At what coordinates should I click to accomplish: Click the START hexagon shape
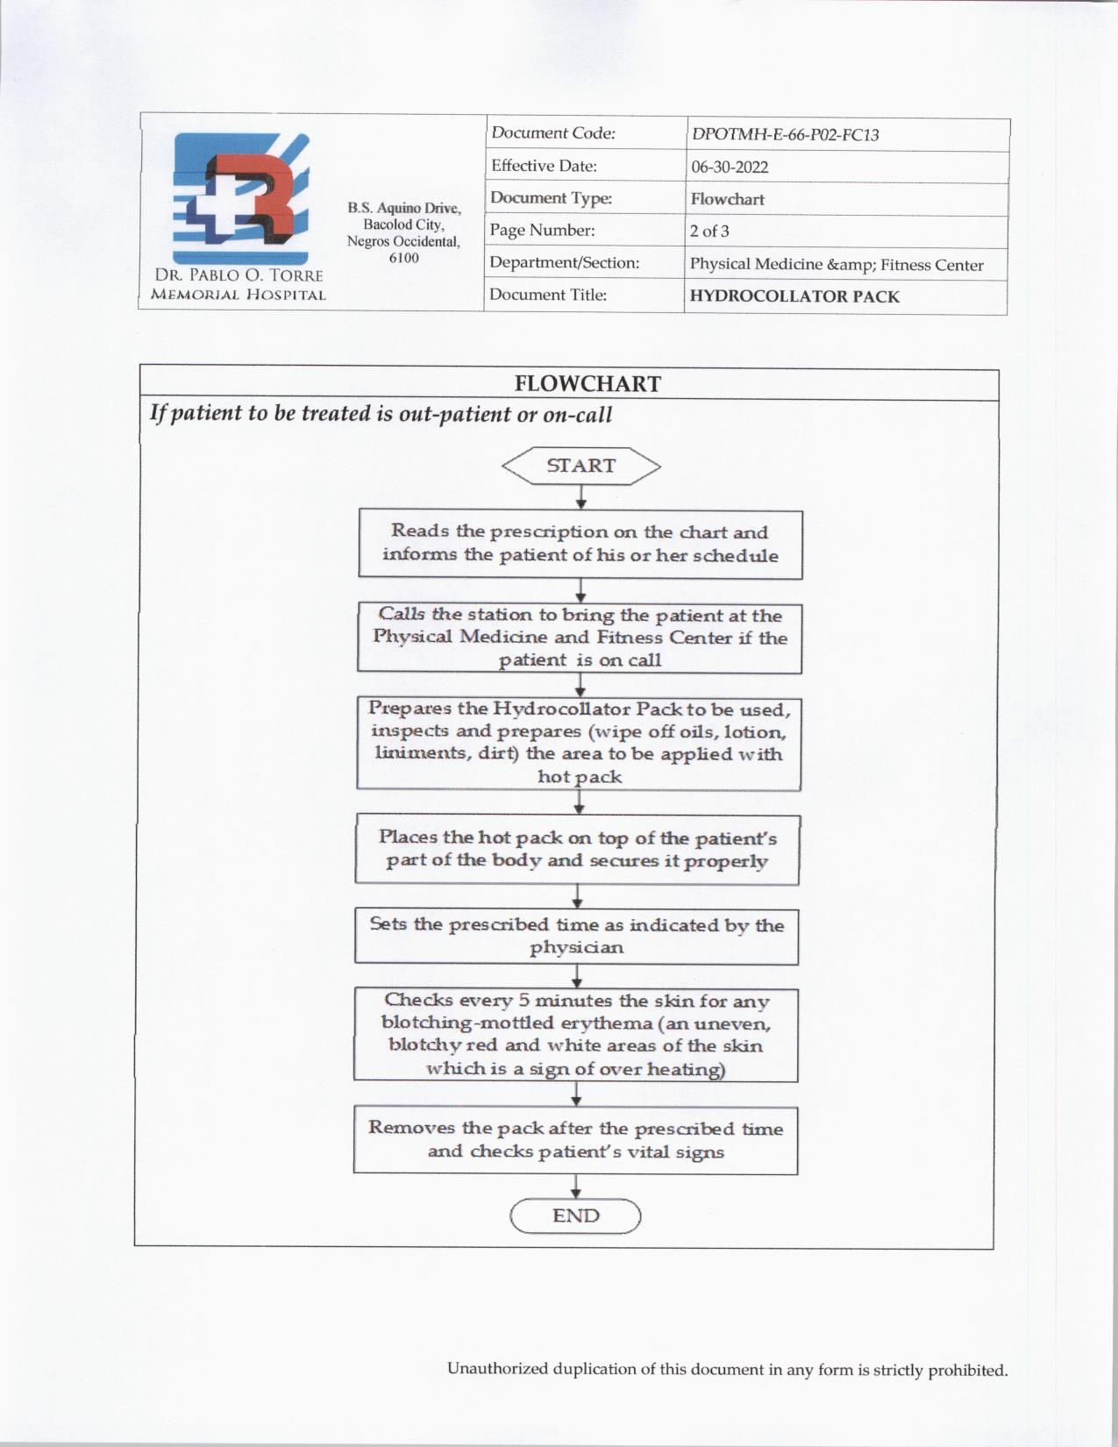tap(580, 466)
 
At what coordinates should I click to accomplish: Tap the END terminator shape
tap(576, 1216)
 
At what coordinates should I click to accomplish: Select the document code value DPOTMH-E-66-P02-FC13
tap(785, 135)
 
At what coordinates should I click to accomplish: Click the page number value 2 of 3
tap(709, 232)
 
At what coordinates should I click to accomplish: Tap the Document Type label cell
tap(551, 198)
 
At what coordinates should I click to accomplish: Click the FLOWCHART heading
tap(587, 384)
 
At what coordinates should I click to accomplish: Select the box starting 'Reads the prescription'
tap(580, 544)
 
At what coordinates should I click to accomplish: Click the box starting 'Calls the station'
tap(580, 638)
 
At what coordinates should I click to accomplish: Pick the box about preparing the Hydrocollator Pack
tap(579, 743)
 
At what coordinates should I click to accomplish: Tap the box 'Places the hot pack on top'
tap(578, 849)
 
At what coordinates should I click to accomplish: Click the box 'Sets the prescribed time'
tap(577, 936)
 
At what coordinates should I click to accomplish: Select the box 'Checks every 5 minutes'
tap(576, 1034)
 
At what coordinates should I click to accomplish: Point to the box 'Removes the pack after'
tap(576, 1140)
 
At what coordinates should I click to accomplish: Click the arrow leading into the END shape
tap(576, 1187)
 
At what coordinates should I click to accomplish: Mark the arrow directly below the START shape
tap(580, 498)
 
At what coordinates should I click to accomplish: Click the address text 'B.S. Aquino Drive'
tap(403, 209)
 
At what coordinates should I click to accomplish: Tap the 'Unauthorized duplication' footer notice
tap(727, 1369)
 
